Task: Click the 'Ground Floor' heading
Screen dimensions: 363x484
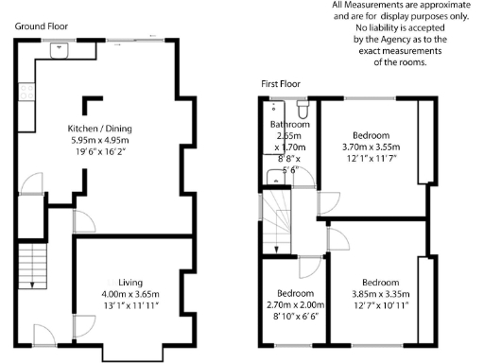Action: click(39, 26)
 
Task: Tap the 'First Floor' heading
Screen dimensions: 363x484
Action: click(282, 84)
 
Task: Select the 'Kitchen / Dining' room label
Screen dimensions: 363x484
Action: click(98, 128)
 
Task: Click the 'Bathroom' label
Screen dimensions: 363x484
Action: click(289, 125)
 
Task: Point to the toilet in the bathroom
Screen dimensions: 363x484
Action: click(302, 106)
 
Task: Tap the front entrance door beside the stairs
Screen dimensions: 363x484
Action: click(43, 333)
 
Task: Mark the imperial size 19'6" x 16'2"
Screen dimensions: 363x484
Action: click(98, 149)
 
